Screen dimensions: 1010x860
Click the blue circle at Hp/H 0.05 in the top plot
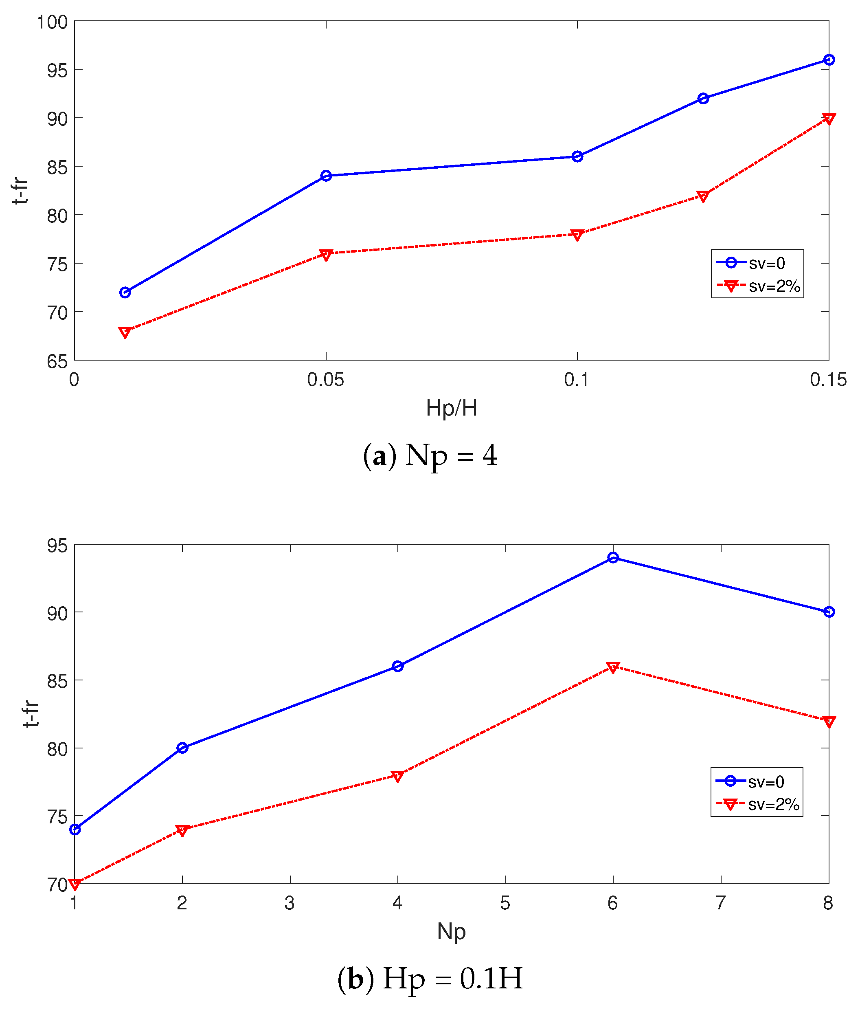click(x=326, y=176)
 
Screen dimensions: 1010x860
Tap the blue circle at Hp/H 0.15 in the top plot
click(x=828, y=60)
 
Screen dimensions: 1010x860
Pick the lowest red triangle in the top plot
click(x=125, y=332)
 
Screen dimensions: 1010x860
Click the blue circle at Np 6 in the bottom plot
click(x=613, y=558)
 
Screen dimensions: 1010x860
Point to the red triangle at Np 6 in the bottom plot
click(x=613, y=667)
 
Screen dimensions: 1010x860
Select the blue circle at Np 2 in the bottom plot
click(x=182, y=748)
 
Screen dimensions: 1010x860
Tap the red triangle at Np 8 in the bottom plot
click(x=828, y=722)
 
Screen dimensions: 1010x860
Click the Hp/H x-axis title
click(x=451, y=407)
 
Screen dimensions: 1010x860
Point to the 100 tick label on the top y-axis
click(x=53, y=22)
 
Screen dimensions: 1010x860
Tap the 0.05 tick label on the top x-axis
click(x=325, y=380)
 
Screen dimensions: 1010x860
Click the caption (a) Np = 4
click(x=430, y=455)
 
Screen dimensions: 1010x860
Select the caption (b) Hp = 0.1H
click(x=430, y=978)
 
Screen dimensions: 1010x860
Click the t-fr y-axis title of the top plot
click(x=20, y=191)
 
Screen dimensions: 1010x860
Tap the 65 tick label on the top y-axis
click(x=57, y=362)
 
